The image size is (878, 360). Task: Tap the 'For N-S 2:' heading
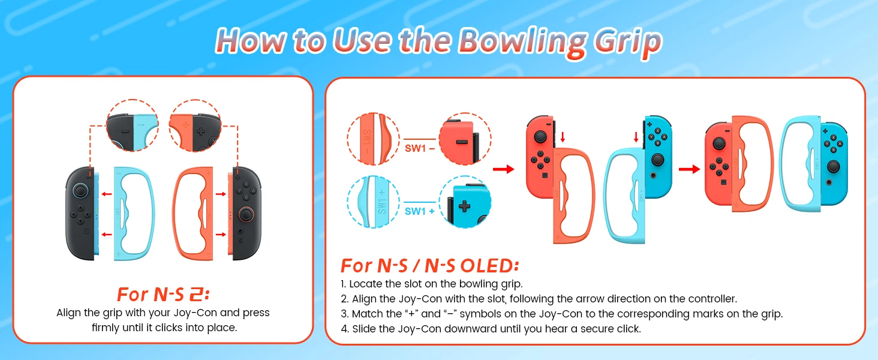163,295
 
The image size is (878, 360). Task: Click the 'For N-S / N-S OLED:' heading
429,266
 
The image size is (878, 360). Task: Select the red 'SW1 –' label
419,148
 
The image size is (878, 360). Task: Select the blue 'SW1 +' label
419,211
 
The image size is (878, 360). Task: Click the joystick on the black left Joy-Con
80,191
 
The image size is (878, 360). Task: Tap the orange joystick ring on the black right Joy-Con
246,214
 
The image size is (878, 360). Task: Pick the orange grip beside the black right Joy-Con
193,214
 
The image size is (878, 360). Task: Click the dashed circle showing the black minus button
133,125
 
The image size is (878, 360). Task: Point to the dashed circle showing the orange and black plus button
195,125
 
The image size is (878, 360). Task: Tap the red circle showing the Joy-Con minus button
465,139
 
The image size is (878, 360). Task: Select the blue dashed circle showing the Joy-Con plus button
465,202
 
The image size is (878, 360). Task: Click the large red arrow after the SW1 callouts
503,169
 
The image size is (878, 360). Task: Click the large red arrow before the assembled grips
689,169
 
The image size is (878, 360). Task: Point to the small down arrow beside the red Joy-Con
563,137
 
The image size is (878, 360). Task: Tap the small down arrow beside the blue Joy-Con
636,137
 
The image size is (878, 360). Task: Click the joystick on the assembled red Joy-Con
719,143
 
